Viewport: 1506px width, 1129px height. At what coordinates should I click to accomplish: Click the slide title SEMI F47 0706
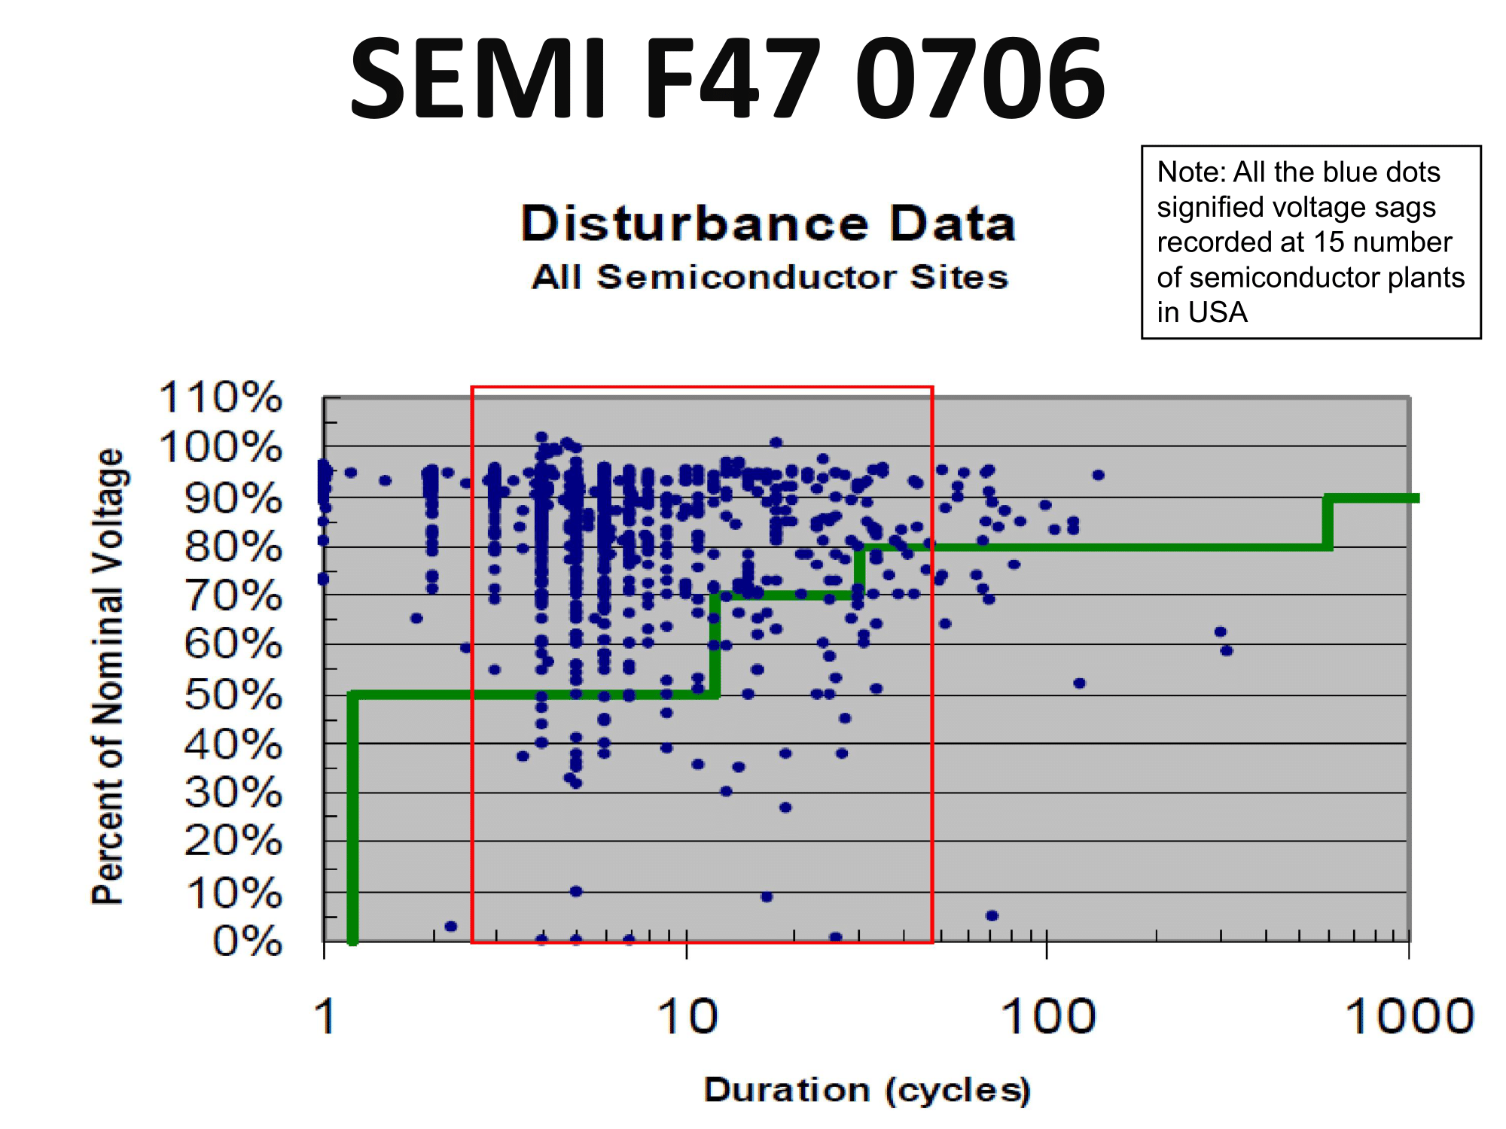coord(727,79)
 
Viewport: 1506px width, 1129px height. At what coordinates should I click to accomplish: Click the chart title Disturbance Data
coord(768,224)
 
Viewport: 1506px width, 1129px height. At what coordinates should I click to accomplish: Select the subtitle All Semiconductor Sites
coord(770,277)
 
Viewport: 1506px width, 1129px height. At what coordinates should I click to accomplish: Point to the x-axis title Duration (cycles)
coord(867,1090)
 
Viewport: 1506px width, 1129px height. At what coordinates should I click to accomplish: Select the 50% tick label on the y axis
coord(233,695)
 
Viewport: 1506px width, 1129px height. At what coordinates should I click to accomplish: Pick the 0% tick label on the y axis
coord(247,942)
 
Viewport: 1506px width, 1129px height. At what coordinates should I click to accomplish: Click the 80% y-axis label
coord(233,546)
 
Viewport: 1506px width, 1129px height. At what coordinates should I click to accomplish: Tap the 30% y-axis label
coord(233,793)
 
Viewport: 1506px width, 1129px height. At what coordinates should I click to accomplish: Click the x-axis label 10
coord(687,1017)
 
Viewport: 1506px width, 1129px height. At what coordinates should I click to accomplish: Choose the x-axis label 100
coord(1047,1017)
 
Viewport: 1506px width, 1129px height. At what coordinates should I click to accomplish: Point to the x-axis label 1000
coord(1409,1017)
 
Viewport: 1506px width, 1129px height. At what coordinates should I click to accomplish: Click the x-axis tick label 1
coord(325,1017)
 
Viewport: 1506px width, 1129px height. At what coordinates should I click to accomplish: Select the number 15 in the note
coord(1329,242)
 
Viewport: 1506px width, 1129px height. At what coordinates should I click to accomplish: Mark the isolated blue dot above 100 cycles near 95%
coord(1098,475)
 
